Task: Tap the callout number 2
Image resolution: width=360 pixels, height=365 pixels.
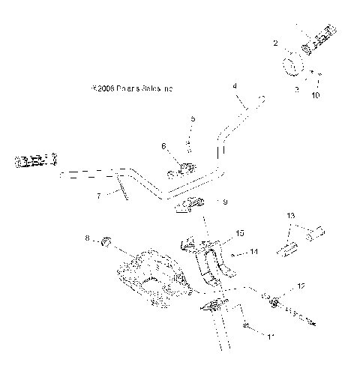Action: tap(275, 43)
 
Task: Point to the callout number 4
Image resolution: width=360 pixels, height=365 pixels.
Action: tap(234, 87)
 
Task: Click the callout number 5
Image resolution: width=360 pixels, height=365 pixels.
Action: tap(193, 118)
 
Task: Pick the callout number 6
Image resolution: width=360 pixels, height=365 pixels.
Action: tap(164, 146)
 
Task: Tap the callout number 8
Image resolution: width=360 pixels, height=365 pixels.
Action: tap(87, 239)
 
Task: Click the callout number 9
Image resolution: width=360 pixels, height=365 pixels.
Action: tap(225, 202)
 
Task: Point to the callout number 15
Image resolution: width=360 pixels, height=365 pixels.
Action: tap(239, 233)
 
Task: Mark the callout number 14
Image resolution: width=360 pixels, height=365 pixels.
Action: tap(253, 253)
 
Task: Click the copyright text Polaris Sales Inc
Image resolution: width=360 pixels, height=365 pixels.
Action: tap(130, 88)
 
